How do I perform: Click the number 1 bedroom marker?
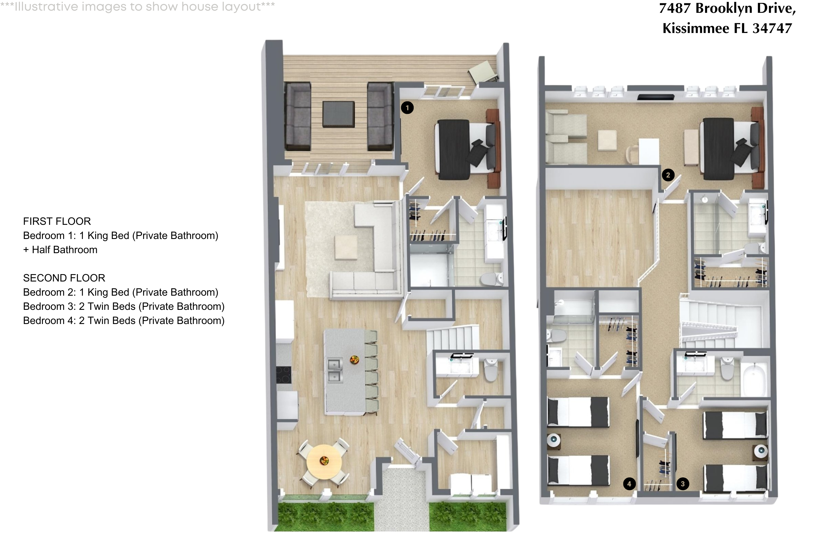click(x=407, y=108)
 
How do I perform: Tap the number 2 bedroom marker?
click(x=668, y=175)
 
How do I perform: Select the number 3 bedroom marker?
click(x=682, y=484)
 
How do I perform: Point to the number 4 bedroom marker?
click(x=629, y=484)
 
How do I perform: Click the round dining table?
click(x=324, y=462)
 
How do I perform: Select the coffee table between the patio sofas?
click(x=338, y=114)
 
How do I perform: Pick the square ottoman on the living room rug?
click(x=346, y=247)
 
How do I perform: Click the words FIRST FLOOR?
click(x=57, y=221)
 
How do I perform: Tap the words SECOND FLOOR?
click(x=64, y=278)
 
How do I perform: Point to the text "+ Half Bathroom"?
click(x=60, y=250)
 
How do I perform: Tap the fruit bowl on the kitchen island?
click(x=354, y=359)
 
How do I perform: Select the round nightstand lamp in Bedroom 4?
click(x=553, y=440)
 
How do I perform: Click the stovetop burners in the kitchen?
click(x=284, y=375)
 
